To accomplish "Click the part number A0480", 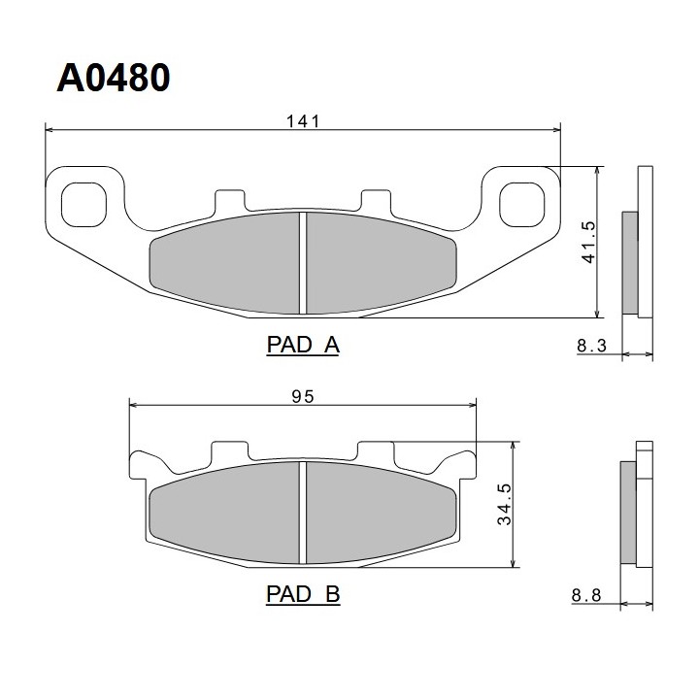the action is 114,78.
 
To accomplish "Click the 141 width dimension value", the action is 303,121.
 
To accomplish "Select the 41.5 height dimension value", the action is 588,242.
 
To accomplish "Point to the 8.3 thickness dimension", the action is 591,346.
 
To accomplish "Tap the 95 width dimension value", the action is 303,396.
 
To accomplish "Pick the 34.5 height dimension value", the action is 504,504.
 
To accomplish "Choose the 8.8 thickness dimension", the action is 586,595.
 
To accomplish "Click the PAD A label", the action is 303,345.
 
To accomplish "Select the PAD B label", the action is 303,594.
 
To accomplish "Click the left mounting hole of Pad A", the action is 83,205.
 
